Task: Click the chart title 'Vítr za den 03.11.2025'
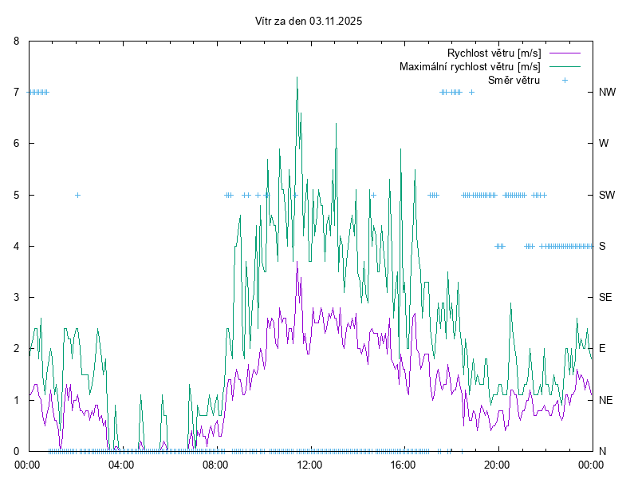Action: pos(309,22)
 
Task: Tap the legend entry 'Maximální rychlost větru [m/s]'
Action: pos(470,66)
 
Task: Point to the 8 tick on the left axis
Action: pos(16,41)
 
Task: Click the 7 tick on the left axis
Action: pos(16,92)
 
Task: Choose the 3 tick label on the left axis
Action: pos(16,297)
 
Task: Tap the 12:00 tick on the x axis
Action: pos(309,464)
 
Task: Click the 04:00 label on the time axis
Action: pos(121,464)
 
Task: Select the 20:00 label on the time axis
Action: pos(498,464)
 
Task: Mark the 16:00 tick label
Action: pos(404,464)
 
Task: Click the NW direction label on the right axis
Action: pos(607,92)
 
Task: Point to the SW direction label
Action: pos(607,195)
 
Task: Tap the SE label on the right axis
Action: pos(605,297)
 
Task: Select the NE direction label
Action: pos(605,400)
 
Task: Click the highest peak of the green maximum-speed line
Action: pos(297,77)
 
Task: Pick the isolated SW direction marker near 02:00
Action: pos(77,195)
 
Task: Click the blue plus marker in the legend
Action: pos(565,80)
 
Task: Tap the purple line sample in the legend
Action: pos(565,53)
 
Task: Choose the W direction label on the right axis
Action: pos(604,144)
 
